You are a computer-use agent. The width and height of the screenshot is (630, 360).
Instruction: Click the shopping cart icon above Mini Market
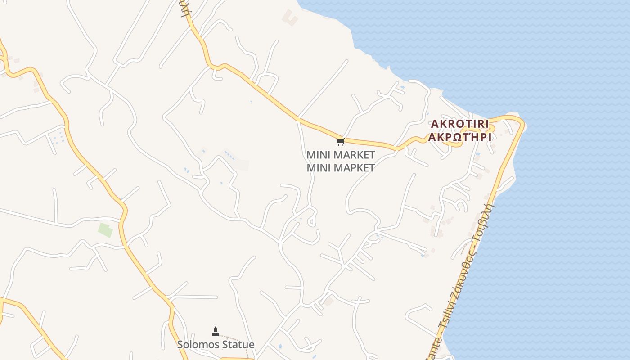click(340, 142)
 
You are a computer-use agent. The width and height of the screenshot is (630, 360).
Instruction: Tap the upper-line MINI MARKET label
click(341, 155)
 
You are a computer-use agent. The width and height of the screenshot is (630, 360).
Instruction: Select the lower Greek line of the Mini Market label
click(341, 168)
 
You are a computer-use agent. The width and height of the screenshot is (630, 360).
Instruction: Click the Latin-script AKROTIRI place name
click(460, 124)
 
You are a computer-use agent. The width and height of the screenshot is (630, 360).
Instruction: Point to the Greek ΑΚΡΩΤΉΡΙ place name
click(460, 137)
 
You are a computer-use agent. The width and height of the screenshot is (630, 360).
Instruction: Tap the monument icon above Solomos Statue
click(215, 332)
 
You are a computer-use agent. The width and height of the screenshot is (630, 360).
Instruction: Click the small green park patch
click(105, 230)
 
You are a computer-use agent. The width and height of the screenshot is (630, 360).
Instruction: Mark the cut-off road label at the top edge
click(184, 7)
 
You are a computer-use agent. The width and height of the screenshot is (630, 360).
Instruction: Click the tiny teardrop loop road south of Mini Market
click(311, 220)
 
